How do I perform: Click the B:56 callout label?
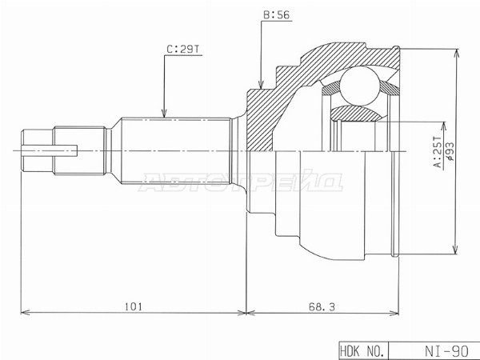pyautogui.click(x=276, y=14)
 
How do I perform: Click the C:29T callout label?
pyautogui.click(x=183, y=49)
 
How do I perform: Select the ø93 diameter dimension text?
pyautogui.click(x=450, y=151)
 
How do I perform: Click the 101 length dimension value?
pyautogui.click(x=134, y=306)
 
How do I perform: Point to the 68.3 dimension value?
pyautogui.click(x=322, y=306)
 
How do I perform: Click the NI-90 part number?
pyautogui.click(x=446, y=351)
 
